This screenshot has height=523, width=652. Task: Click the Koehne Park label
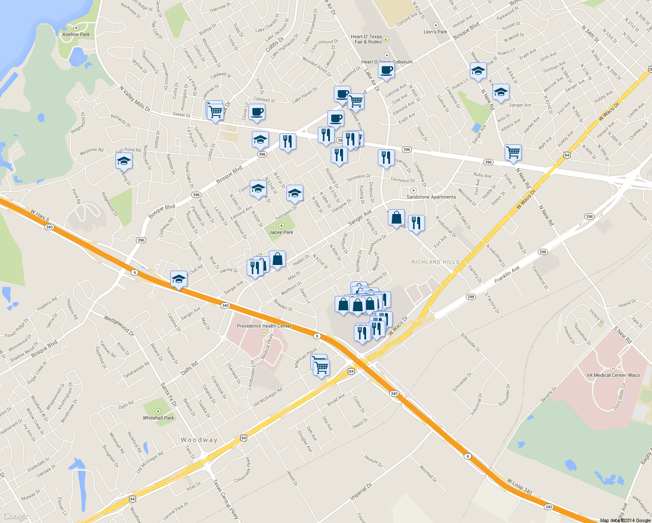tap(76, 34)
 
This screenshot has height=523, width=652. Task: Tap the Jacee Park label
tap(281, 232)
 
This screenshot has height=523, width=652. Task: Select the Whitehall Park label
tap(158, 418)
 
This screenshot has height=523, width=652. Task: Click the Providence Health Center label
tap(264, 326)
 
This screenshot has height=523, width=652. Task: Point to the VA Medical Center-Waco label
tap(613, 375)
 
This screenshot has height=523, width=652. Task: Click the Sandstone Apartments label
tap(431, 197)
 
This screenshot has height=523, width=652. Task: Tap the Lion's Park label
tap(435, 32)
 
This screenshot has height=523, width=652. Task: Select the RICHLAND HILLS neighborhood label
tap(435, 262)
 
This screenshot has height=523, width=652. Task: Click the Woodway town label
tap(199, 440)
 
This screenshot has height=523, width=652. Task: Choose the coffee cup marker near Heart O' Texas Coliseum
tap(386, 70)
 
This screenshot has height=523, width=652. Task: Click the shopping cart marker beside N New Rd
tap(513, 153)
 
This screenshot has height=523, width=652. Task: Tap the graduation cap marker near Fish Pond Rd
tap(124, 161)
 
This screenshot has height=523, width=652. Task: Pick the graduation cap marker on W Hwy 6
tap(179, 279)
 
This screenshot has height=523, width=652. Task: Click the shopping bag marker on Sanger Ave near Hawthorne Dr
tap(396, 217)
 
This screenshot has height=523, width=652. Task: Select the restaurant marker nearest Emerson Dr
tap(386, 157)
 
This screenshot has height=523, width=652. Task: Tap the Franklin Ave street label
tap(507, 275)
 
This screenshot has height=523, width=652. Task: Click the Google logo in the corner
tap(16, 516)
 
